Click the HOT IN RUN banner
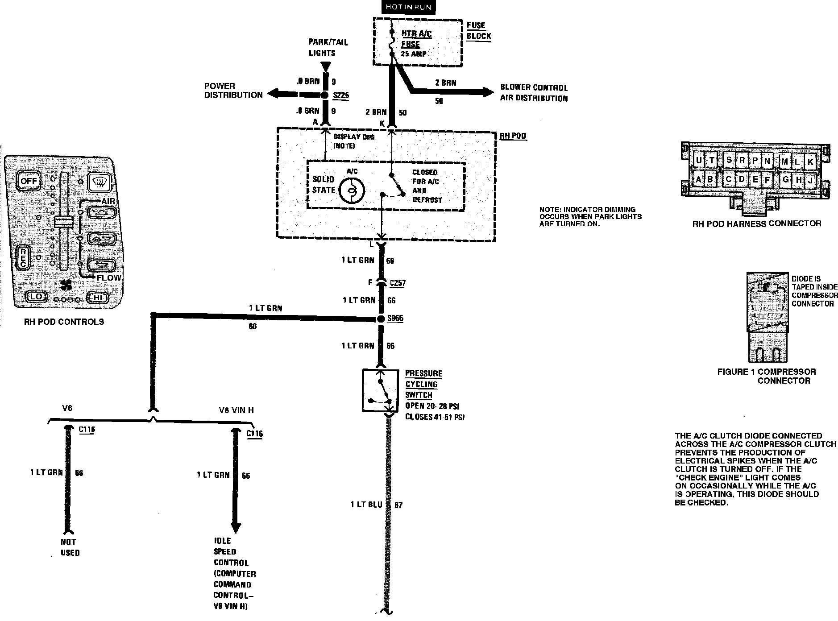point(408,7)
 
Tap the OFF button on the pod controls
point(29,181)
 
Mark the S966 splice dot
point(381,319)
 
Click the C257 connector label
point(398,283)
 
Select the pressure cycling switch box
point(380,390)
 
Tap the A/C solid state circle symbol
point(352,190)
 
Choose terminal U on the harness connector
point(699,161)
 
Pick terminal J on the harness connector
point(810,180)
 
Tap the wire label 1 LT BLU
point(366,505)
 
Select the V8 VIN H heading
point(236,410)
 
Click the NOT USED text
point(70,547)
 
